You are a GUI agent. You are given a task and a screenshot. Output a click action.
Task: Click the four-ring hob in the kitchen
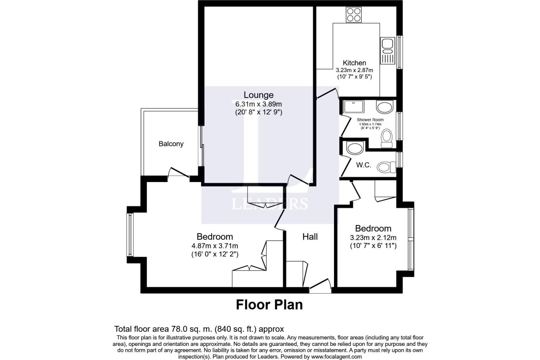353,14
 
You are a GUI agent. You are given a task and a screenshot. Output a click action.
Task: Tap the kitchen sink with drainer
388,51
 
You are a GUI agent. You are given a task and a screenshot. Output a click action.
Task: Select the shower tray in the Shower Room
354,107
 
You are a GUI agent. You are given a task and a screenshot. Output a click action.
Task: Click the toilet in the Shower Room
387,138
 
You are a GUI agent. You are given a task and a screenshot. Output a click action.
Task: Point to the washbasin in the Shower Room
385,107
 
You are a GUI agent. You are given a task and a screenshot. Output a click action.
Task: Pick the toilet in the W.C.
386,167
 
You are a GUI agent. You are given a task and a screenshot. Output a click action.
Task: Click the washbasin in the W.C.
355,148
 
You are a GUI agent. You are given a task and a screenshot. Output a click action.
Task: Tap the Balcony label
171,144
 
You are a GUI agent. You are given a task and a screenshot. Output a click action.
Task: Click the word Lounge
258,95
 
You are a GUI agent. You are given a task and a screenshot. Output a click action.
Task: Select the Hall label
310,237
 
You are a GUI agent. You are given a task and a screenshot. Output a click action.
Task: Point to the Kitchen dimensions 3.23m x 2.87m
354,70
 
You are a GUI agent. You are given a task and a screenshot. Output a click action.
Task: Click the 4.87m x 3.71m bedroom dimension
215,246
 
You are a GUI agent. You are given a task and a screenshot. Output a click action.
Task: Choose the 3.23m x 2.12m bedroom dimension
373,238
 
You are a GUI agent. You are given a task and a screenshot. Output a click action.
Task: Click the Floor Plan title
269,305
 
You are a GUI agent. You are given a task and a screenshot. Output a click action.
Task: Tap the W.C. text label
364,165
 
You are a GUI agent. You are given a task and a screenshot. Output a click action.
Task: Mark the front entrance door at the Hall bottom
320,286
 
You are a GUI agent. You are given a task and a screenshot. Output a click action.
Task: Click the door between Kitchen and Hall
327,94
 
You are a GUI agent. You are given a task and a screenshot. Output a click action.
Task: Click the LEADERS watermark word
270,204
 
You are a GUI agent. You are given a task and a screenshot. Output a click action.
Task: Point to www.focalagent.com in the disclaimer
336,356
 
